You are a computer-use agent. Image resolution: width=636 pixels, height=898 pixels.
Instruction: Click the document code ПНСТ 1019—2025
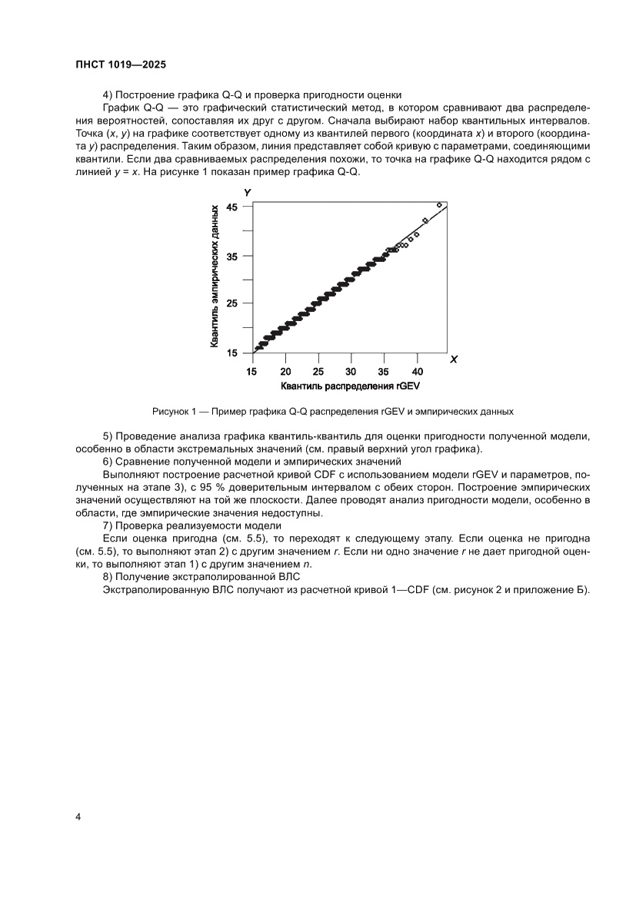pos(121,65)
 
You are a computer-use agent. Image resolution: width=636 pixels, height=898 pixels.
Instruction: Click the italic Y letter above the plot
pos(248,191)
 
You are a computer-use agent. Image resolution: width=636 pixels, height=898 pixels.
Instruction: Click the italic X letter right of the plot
pos(454,359)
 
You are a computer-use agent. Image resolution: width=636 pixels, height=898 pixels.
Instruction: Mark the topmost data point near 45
pos(439,205)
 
